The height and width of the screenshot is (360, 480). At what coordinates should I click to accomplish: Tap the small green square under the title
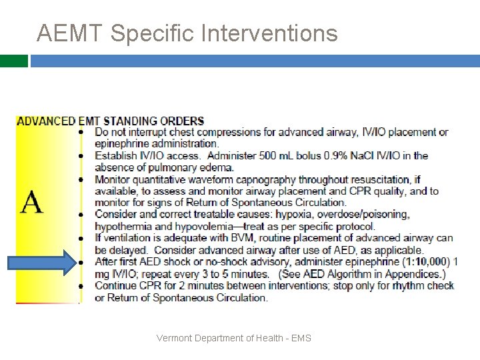click(13, 61)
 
